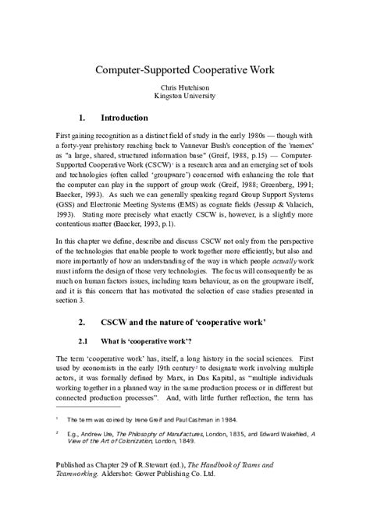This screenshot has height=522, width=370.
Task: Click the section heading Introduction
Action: coord(125,119)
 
